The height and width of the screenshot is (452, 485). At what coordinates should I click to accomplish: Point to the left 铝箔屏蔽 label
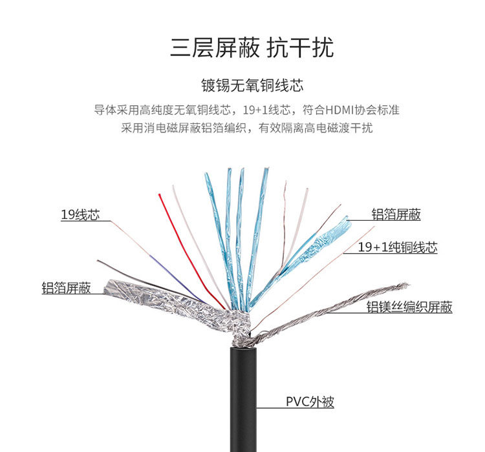click(x=65, y=287)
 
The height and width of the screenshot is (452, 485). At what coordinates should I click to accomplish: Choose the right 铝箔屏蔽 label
click(x=396, y=215)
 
